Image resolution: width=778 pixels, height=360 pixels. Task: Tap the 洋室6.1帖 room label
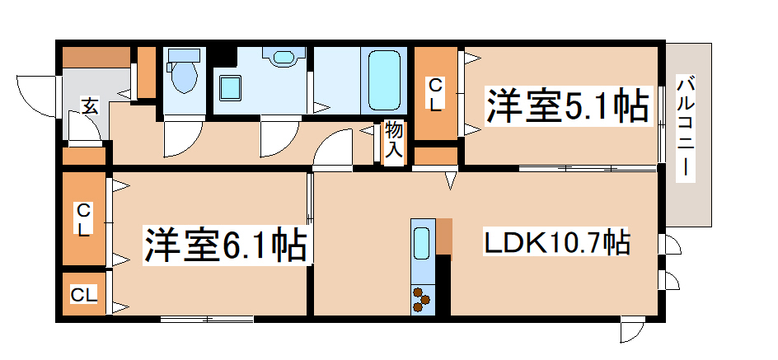[x=226, y=244]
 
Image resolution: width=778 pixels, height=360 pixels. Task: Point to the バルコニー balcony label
[x=684, y=128]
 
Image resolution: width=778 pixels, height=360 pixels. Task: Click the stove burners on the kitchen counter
[x=422, y=298]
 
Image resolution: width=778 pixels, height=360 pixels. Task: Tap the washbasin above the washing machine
[x=284, y=58]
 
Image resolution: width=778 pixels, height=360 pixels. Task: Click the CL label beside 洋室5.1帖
[x=434, y=94]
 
